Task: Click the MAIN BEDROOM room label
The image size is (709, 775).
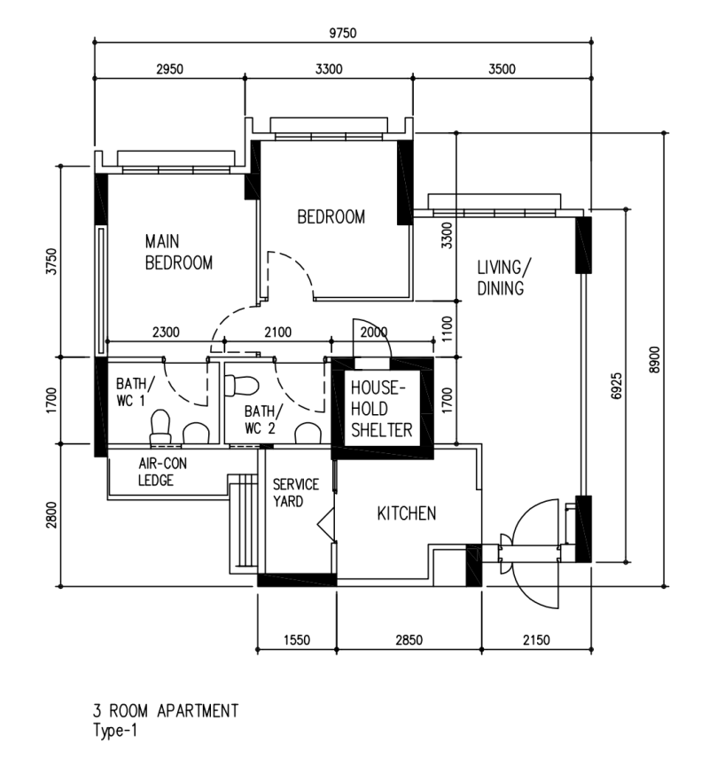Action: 179,252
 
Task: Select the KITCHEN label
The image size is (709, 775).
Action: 407,513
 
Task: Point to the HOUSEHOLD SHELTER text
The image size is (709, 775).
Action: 382,410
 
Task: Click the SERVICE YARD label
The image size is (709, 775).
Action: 294,493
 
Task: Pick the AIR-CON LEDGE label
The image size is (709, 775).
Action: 162,472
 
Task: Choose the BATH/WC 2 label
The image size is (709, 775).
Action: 265,419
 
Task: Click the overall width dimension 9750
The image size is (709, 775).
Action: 342,34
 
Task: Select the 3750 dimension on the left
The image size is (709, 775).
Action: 52,262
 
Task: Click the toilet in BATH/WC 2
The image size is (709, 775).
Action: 241,386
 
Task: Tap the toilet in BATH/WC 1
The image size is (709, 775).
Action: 160,427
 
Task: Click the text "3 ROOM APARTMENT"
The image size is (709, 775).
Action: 166,711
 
